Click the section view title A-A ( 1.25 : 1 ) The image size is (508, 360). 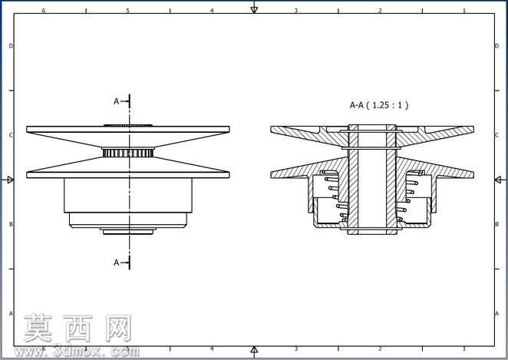pos(379,105)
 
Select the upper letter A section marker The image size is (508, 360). pos(117,101)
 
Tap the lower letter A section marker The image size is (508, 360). pos(117,263)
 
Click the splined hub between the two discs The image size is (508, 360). pos(128,152)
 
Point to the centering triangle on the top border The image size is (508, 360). pos(254,10)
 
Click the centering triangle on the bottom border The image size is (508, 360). pos(254,349)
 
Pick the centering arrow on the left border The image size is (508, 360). pos(11,180)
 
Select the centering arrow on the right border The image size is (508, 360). pos(498,180)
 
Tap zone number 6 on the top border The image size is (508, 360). pos(44,11)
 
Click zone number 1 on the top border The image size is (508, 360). pos(464,11)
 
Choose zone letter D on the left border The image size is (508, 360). pos(11,46)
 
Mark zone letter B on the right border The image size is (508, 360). pos(496,224)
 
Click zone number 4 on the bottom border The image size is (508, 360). pos(212,348)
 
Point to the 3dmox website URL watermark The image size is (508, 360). pos(77,352)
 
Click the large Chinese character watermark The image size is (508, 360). pos(78,329)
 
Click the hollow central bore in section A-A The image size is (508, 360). pos(372,179)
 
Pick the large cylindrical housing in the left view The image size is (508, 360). pos(128,196)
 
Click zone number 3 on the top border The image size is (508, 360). pos(295,11)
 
